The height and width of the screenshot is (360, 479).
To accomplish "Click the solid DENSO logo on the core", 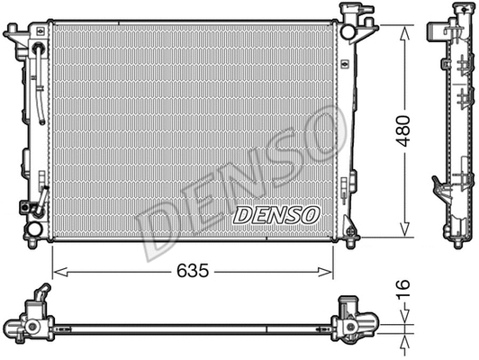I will pos(276,215).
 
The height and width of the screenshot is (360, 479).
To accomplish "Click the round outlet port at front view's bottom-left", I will pos(33,229).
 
